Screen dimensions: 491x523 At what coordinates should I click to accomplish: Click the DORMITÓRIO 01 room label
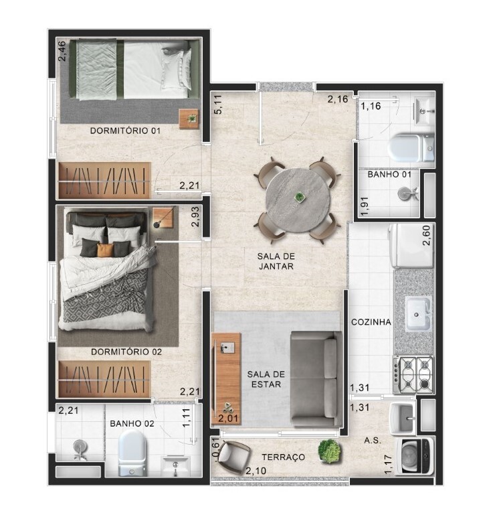125,131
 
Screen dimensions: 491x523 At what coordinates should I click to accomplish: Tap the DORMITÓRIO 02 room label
126,352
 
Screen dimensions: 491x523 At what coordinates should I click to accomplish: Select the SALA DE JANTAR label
276,261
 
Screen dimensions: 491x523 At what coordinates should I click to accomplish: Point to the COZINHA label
371,322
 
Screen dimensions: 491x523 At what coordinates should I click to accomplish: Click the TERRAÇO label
283,457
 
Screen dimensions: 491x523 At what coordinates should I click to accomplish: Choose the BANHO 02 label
132,424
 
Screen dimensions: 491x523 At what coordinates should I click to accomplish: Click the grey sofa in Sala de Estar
316,379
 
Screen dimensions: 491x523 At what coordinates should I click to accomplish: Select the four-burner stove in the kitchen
413,374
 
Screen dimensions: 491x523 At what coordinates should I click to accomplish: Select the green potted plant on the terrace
329,451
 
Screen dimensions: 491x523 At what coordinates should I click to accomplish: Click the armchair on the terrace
234,456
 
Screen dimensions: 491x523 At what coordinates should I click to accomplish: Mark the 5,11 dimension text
218,104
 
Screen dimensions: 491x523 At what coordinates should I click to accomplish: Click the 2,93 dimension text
195,217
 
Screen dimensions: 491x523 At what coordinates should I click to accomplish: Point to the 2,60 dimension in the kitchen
426,236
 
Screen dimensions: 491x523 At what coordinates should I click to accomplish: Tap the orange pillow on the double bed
105,250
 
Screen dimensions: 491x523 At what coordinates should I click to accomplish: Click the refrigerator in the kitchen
411,246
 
